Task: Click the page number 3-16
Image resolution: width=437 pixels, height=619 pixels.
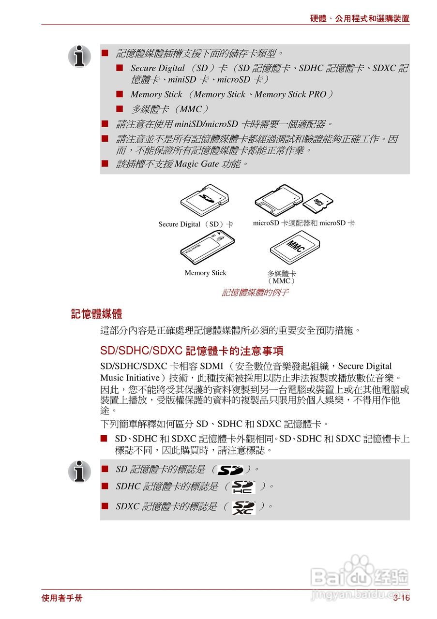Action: (x=401, y=598)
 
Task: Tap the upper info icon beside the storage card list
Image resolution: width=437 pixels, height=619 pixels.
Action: (x=79, y=57)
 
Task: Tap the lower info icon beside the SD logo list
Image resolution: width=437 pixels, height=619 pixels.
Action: (x=79, y=471)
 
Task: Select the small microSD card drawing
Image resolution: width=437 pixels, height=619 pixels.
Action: (x=317, y=203)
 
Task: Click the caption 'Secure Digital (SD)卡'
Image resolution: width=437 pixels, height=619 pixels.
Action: (x=196, y=224)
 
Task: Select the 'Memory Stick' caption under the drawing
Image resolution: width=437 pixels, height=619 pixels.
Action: (x=205, y=273)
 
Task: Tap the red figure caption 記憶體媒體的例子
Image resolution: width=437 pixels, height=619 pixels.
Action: (x=255, y=293)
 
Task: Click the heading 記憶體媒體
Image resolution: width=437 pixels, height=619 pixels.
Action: (x=96, y=314)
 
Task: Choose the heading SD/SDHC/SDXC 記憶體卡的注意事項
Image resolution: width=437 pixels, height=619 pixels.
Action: (x=192, y=351)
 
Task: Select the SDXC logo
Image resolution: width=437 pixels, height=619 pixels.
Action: (x=243, y=507)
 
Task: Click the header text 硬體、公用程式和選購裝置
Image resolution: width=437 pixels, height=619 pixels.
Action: (x=360, y=19)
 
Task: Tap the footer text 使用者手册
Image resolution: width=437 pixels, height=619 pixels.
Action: (x=62, y=598)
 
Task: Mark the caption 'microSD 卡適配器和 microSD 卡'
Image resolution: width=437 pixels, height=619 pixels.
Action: (x=303, y=223)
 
